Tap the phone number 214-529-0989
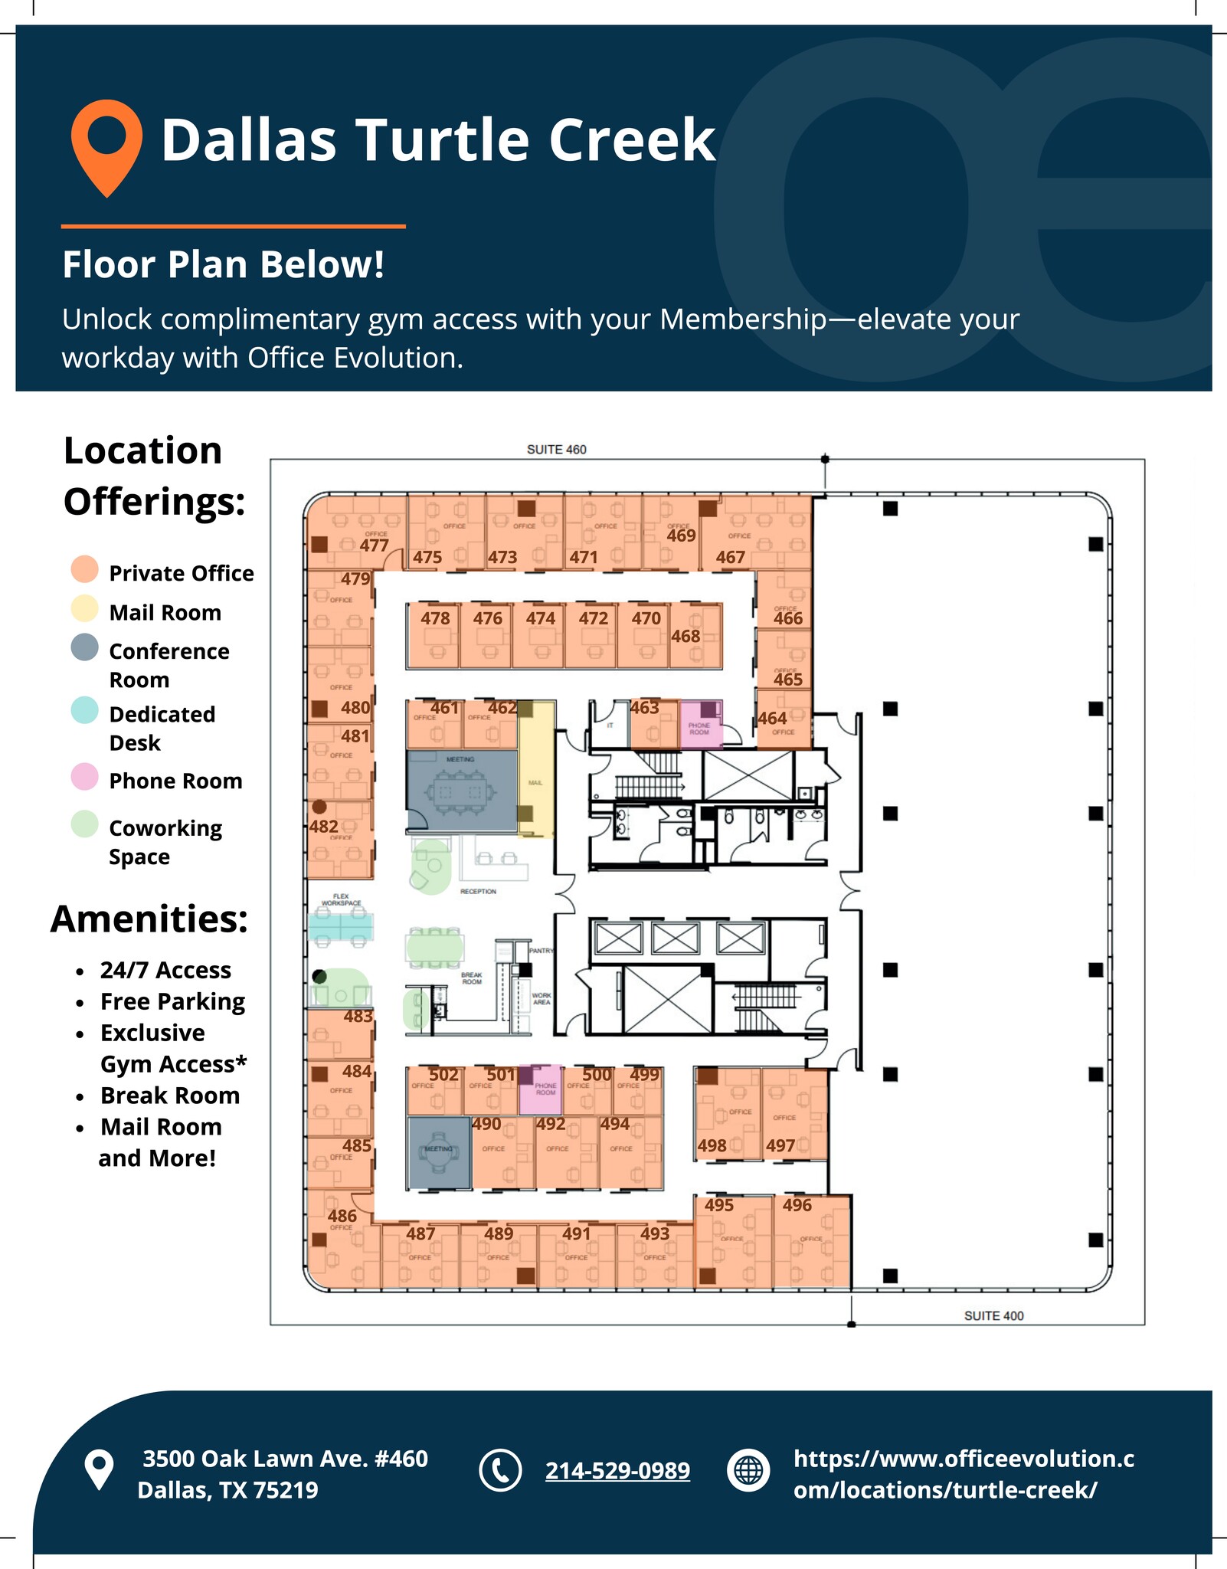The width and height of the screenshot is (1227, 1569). pos(617,1470)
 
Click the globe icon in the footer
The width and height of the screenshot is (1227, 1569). pos(748,1470)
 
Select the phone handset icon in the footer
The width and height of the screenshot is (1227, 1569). pos(500,1470)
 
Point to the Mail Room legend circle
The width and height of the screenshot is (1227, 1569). pos(84,609)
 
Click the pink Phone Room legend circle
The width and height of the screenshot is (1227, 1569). pos(84,777)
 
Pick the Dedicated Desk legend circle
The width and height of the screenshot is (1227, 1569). pos(84,710)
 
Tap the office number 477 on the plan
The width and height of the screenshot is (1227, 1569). pos(374,545)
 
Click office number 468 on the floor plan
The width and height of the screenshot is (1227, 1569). pos(685,636)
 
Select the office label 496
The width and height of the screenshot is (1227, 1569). pos(797,1205)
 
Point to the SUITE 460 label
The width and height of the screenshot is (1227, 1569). pos(556,450)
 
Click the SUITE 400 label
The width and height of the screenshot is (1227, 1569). pos(993,1315)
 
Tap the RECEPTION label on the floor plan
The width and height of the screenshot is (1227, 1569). pos(478,892)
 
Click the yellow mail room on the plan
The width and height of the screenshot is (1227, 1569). pos(536,770)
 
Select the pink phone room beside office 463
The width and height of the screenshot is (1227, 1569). pos(700,724)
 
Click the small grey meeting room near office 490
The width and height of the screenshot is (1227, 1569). pos(439,1152)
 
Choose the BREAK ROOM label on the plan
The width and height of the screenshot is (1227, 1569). pos(472,978)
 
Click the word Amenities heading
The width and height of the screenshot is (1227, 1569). pos(149,919)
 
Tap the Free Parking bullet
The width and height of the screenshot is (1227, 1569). pos(172,1001)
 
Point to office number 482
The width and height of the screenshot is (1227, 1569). pos(324,827)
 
